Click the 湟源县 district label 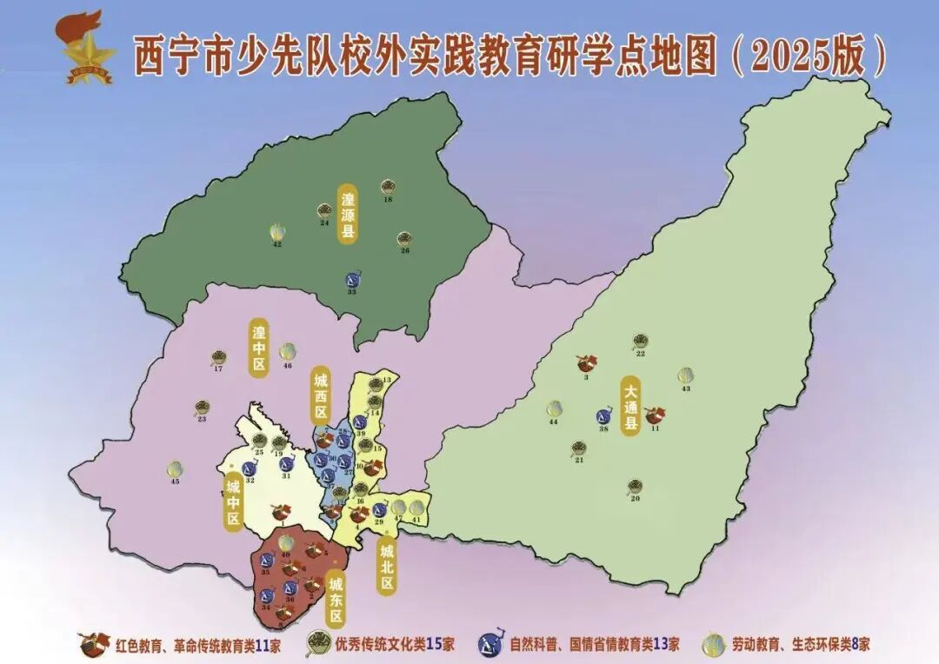(348, 213)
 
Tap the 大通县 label (630, 405)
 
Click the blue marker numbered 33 (353, 279)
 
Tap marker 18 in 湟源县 (388, 187)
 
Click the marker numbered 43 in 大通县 (686, 375)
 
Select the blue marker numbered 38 (603, 417)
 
